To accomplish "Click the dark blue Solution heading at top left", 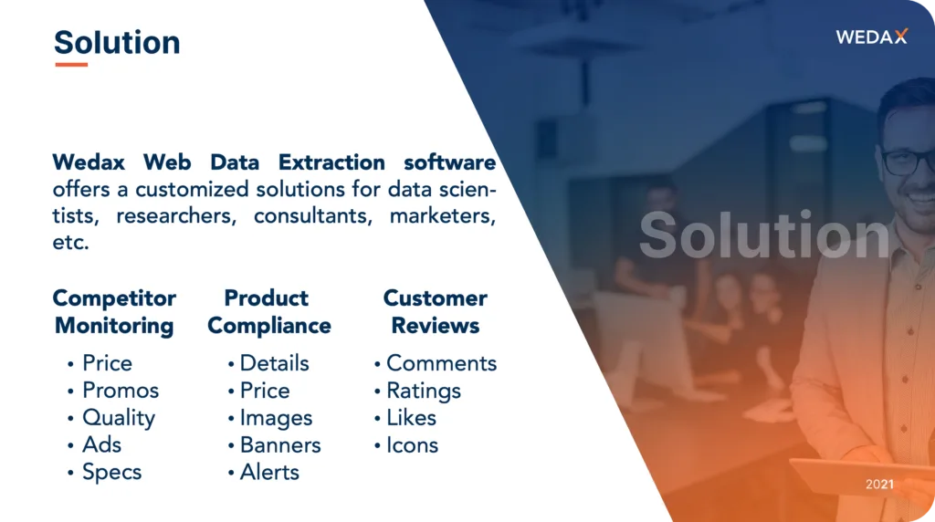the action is [x=117, y=42].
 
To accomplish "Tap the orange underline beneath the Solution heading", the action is [x=71, y=65].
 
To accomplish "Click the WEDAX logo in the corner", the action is [x=871, y=37].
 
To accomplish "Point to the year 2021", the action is [x=879, y=484].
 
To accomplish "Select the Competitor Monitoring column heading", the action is [x=114, y=312].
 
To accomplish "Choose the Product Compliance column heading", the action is [x=269, y=312].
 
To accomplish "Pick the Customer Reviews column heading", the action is [x=436, y=312].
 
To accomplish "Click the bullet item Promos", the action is [x=121, y=391].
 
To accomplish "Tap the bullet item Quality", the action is [x=119, y=418].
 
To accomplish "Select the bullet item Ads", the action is [x=102, y=444].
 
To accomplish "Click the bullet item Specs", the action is [x=112, y=473].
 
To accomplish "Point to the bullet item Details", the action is [x=274, y=363].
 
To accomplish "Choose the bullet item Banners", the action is [x=280, y=445].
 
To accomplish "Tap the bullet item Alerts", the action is [x=269, y=472].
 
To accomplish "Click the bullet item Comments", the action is [x=441, y=363].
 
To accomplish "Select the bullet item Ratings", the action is [x=424, y=391].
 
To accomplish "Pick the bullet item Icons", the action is [x=412, y=445].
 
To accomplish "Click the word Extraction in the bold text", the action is [x=331, y=162].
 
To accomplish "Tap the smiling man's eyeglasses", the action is [x=908, y=161].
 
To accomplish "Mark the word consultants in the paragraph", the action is [x=313, y=215].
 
